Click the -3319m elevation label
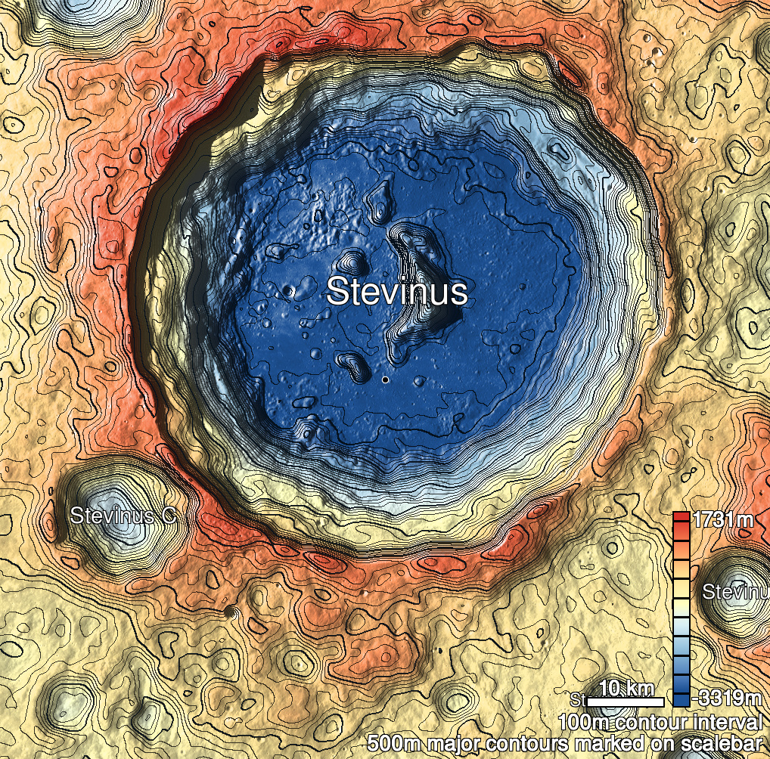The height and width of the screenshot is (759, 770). coord(727,696)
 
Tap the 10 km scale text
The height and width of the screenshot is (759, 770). coord(626,688)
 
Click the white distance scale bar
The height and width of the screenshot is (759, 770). coord(626,702)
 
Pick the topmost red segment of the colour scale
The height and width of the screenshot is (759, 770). coord(681,518)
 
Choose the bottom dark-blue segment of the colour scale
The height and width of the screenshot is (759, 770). coord(681,696)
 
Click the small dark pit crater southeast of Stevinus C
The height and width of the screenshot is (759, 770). coord(230,610)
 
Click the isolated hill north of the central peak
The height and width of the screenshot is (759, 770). coord(380,201)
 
